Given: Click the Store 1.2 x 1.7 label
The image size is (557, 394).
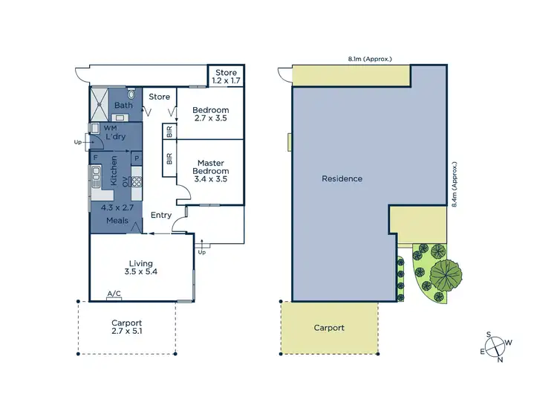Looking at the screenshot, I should pyautogui.click(x=226, y=77).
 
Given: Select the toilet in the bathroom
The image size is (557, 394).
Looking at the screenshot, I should pyautogui.click(x=131, y=95).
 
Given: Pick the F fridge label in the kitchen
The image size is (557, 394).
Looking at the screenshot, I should pyautogui.click(x=95, y=158).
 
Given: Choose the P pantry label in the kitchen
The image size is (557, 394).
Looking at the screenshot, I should pyautogui.click(x=136, y=158).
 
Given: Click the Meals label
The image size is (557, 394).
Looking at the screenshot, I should pyautogui.click(x=117, y=221).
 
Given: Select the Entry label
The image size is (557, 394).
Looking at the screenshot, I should pyautogui.click(x=161, y=216).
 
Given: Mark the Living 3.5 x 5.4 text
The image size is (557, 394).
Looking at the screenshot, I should pyautogui.click(x=140, y=268).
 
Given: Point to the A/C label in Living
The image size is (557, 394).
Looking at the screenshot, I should pyautogui.click(x=114, y=294).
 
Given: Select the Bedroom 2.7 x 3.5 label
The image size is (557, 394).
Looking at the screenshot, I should pyautogui.click(x=211, y=114).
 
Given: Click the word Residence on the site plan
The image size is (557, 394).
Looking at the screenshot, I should pyautogui.click(x=342, y=178).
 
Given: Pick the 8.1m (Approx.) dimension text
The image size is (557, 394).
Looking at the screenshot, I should pyautogui.click(x=369, y=59).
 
